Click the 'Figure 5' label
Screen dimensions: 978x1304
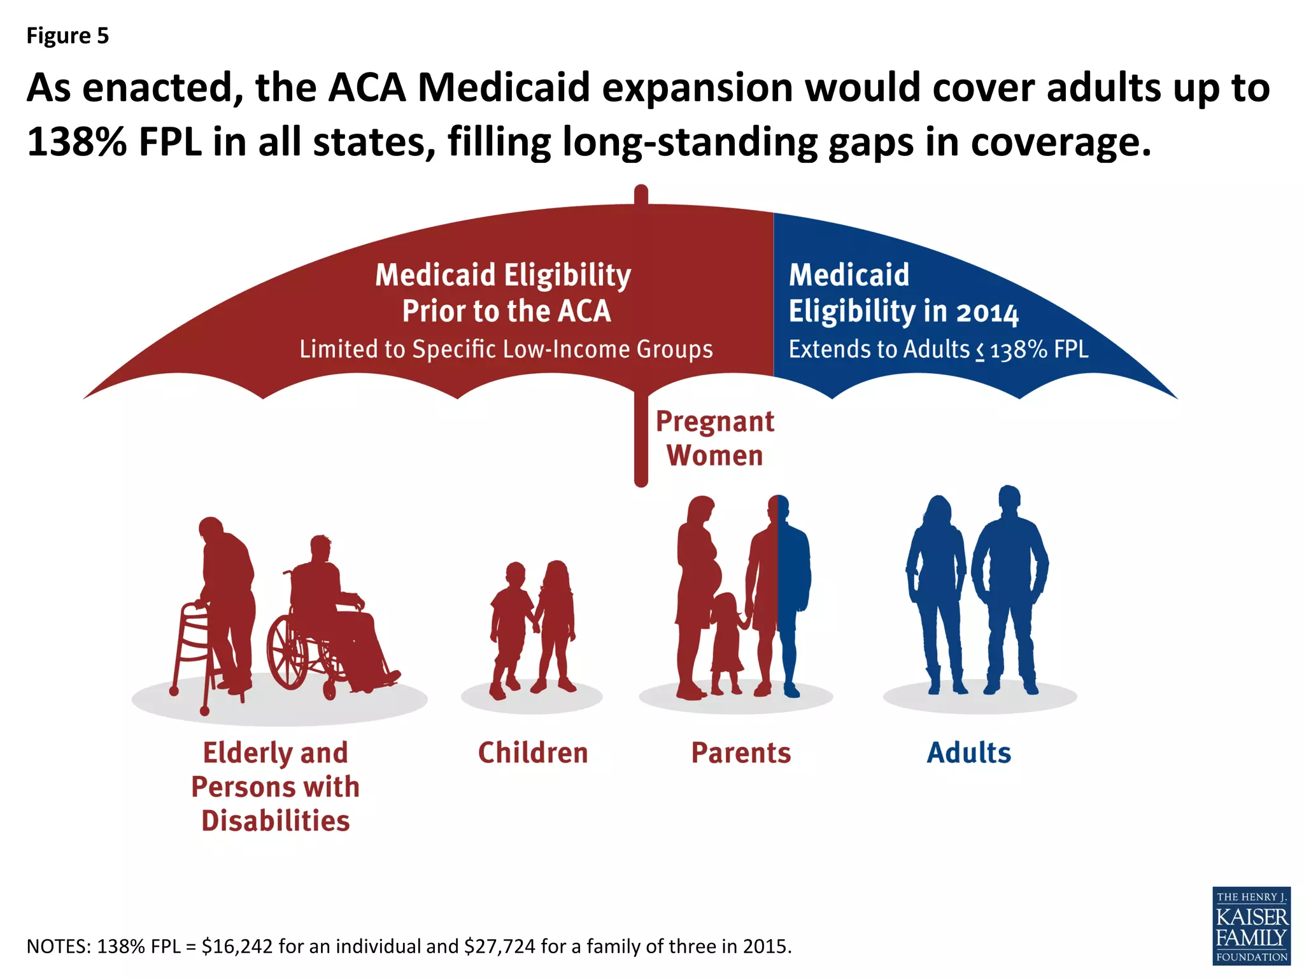tap(67, 36)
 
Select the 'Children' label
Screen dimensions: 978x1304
tap(533, 753)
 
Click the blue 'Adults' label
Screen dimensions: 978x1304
tap(968, 753)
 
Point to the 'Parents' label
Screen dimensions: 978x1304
tap(741, 753)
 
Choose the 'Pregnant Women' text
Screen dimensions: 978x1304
tap(715, 439)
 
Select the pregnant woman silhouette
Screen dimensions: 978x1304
tap(697, 592)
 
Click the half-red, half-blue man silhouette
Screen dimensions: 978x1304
tap(778, 592)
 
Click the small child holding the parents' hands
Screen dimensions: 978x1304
tap(726, 643)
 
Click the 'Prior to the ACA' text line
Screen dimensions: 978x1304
tap(506, 311)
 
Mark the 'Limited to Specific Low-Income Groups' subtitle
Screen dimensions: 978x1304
tap(506, 349)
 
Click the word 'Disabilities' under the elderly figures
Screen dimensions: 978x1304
tap(276, 821)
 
